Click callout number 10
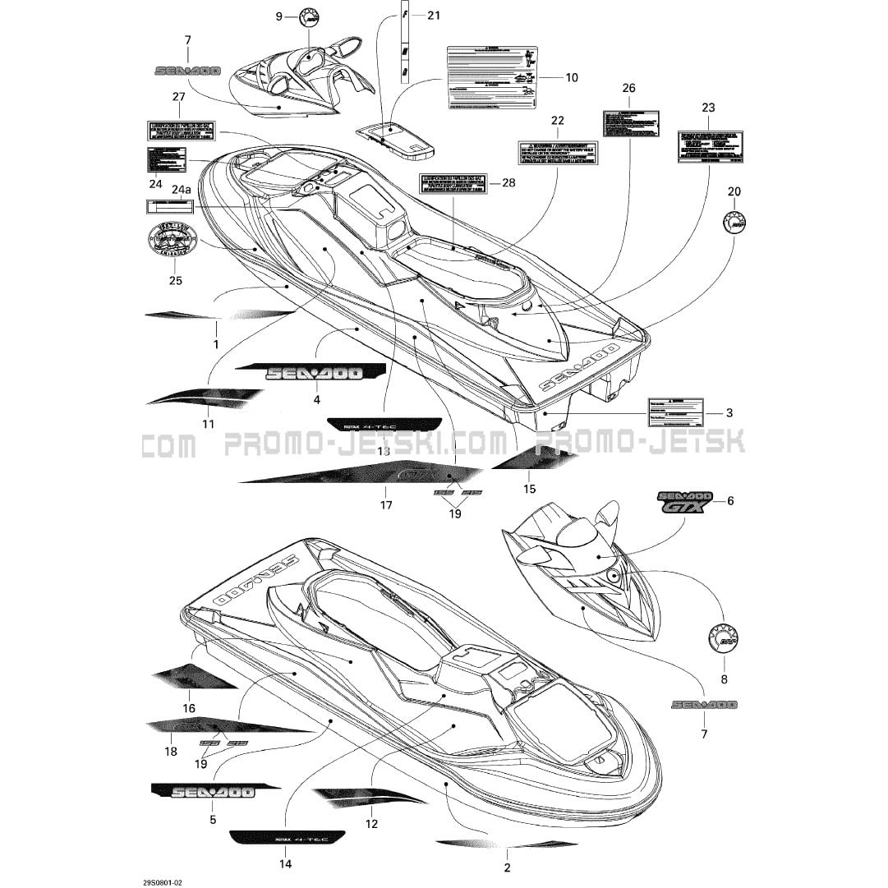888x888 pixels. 572,77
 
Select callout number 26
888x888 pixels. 628,88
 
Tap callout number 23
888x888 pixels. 708,108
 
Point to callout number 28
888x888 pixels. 508,182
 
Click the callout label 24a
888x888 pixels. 180,190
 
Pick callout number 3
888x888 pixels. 729,412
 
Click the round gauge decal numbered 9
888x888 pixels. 309,16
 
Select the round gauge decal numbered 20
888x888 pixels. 734,222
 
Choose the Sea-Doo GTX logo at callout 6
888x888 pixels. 682,502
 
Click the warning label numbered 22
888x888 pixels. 557,152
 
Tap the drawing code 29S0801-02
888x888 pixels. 162,882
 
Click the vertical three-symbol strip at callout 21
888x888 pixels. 405,41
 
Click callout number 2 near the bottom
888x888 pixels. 507,867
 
